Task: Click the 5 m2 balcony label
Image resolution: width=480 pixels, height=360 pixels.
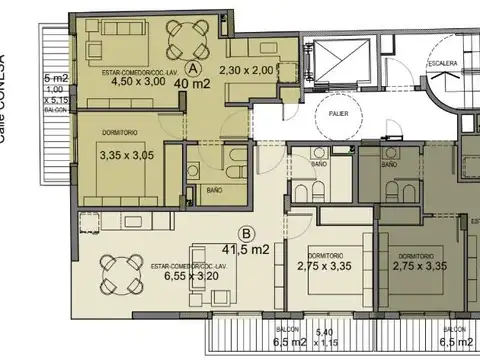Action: tap(56, 77)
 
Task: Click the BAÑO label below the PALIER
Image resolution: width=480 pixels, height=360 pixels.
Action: tap(319, 163)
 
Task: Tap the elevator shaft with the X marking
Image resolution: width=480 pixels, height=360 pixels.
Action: tap(337, 59)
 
